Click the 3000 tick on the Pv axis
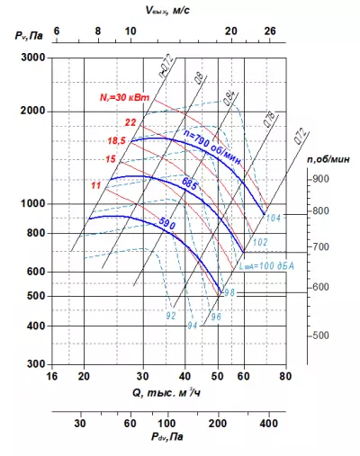[x=32, y=57]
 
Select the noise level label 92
[x=171, y=315]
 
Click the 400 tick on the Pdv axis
[x=267, y=421]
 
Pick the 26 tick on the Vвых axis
[x=267, y=31]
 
